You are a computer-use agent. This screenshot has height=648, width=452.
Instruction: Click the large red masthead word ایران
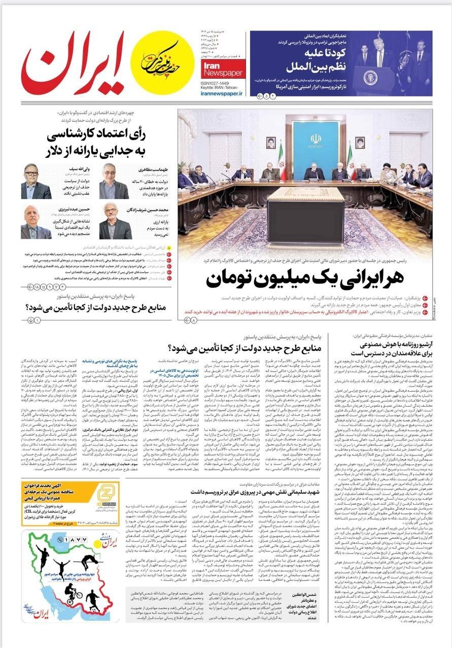(74, 63)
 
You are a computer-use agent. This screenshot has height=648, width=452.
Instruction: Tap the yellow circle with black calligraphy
(163, 62)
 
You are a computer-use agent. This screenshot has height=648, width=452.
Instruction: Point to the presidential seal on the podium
(372, 78)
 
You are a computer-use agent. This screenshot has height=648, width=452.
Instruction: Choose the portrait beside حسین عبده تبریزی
(36, 222)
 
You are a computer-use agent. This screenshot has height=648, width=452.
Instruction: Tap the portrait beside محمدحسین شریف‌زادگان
(114, 221)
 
